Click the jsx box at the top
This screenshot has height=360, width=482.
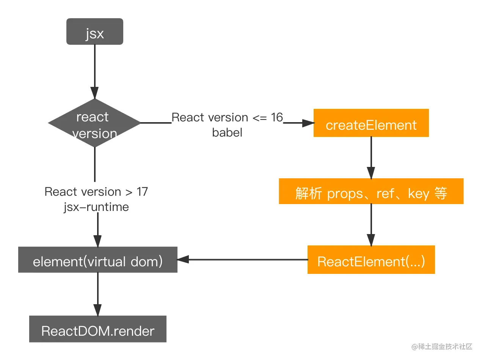(x=95, y=32)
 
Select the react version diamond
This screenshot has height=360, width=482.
(x=94, y=124)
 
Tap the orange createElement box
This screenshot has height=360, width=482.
(x=371, y=123)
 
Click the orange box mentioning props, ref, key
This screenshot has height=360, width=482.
(x=371, y=192)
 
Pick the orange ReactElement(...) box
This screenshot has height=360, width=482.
(x=371, y=260)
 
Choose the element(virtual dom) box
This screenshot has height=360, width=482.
(x=97, y=260)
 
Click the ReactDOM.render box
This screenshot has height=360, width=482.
(x=97, y=329)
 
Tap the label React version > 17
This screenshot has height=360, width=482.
(x=96, y=192)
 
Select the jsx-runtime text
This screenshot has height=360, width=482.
(x=96, y=207)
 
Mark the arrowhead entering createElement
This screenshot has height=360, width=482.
(x=309, y=123)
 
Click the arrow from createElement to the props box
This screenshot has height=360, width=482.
(x=371, y=157)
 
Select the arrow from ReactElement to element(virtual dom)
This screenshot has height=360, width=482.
(x=243, y=260)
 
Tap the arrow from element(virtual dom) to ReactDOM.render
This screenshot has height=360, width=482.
(x=97, y=294)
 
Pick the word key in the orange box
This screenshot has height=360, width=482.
(x=418, y=194)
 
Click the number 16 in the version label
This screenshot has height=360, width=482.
(x=277, y=118)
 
